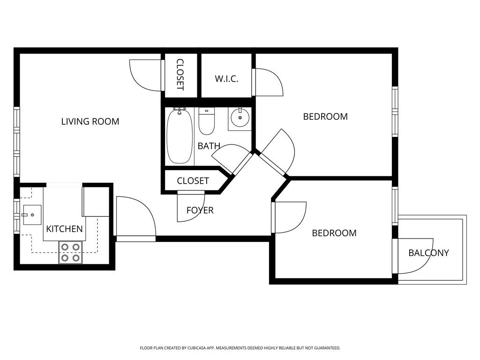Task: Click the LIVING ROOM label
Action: (90, 121)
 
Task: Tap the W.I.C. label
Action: (226, 79)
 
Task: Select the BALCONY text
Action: (428, 253)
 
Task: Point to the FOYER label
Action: (200, 210)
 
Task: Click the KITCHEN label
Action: (64, 229)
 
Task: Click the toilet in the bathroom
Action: (207, 121)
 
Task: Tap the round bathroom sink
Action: (240, 118)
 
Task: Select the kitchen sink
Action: (32, 215)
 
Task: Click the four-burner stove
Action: (70, 253)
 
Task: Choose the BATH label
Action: (209, 146)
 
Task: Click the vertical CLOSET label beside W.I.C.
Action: (180, 75)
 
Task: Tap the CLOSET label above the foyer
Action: (193, 181)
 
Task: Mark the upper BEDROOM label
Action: (325, 117)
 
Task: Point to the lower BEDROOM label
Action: (334, 233)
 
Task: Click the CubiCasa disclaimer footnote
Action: (240, 348)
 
